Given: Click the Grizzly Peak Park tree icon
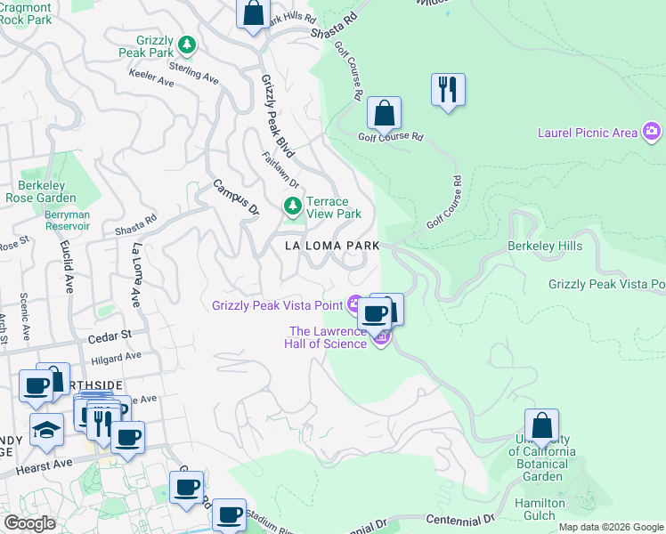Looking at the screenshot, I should click(186, 44).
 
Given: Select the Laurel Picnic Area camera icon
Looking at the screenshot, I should click(653, 133).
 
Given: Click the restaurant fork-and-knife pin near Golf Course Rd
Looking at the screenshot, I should click(447, 89).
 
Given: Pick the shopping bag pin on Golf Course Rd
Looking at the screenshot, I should click(384, 113).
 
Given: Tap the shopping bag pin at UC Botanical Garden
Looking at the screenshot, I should click(541, 425).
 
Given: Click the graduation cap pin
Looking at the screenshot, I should click(45, 430).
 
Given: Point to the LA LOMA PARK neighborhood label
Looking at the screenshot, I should click(332, 245).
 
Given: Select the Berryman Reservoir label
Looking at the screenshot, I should click(68, 220).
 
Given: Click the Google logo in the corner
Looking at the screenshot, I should click(29, 523).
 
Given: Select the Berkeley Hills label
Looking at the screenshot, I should click(543, 246).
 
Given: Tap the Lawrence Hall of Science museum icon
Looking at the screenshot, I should click(381, 338).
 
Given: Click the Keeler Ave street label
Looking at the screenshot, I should click(152, 80).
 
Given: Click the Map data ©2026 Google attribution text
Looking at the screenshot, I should click(610, 527).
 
